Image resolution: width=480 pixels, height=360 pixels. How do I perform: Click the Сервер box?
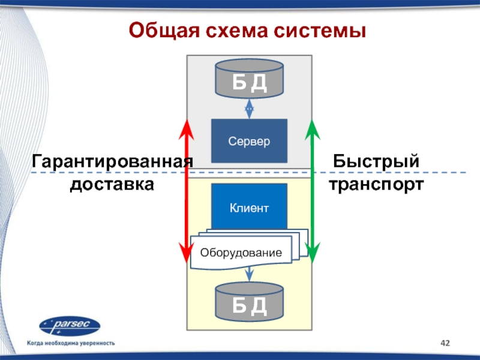[x=249, y=141]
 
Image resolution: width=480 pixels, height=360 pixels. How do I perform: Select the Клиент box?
[x=249, y=206]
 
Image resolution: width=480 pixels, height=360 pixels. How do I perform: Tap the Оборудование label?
[x=241, y=253]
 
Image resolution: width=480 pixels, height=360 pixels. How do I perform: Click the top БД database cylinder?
[x=249, y=79]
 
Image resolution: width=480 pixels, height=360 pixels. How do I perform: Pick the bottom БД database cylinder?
[x=249, y=302]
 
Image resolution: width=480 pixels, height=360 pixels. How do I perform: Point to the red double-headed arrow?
[x=187, y=191]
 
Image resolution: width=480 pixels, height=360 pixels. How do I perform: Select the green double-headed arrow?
[x=312, y=191]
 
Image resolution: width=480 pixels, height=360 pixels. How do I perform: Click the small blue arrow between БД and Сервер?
[x=249, y=109]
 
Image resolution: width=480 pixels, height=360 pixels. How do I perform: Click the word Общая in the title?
[x=164, y=31]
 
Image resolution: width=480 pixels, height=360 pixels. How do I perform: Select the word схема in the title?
[x=237, y=31]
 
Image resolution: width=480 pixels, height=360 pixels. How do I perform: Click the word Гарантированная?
[x=112, y=161]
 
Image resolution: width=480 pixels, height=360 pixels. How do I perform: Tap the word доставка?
[x=112, y=184]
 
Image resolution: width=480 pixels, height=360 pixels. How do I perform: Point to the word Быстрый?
[x=376, y=161]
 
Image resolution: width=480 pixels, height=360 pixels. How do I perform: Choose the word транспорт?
[x=376, y=185]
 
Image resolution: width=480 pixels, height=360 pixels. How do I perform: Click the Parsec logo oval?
[x=70, y=326]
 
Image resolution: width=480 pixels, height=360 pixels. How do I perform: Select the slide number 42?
[x=445, y=343]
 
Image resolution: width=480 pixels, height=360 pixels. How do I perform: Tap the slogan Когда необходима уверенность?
[x=71, y=343]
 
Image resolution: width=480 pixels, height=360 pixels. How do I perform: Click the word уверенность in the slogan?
[x=97, y=343]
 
